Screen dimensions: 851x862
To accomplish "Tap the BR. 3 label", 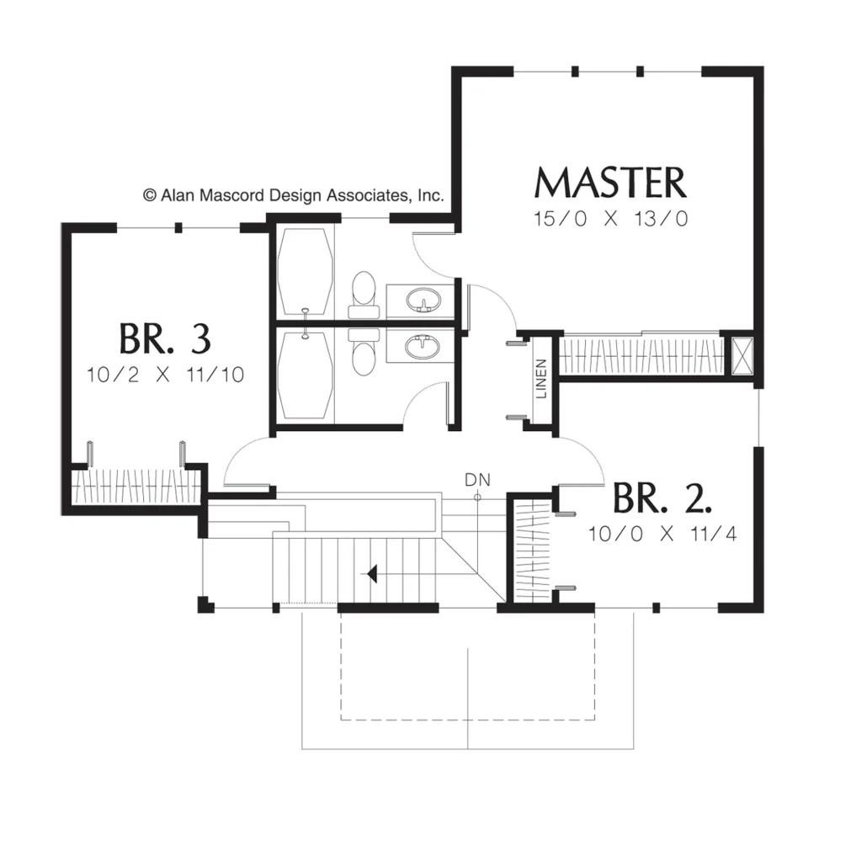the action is [x=165, y=338].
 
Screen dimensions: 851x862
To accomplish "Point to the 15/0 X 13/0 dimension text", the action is [x=611, y=219].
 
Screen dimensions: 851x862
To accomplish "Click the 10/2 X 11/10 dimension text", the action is [x=165, y=375].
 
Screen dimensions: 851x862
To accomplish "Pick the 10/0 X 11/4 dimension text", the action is [x=662, y=533].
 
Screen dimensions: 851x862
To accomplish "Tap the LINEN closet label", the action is [x=541, y=378].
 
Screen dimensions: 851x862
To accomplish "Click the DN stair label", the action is [x=477, y=480].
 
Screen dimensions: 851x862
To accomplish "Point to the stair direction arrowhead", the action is [x=372, y=574].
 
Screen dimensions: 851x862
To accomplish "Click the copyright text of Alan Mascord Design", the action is [x=293, y=195].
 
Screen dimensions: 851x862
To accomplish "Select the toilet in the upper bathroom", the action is [x=364, y=294].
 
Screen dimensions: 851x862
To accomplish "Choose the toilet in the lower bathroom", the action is [x=364, y=353].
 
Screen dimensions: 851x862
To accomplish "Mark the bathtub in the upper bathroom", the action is [x=306, y=272].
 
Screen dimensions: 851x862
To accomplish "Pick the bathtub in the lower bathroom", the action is [x=306, y=375].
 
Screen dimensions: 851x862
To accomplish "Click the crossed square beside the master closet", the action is [x=742, y=355].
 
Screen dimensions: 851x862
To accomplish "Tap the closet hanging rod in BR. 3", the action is [x=135, y=486].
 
